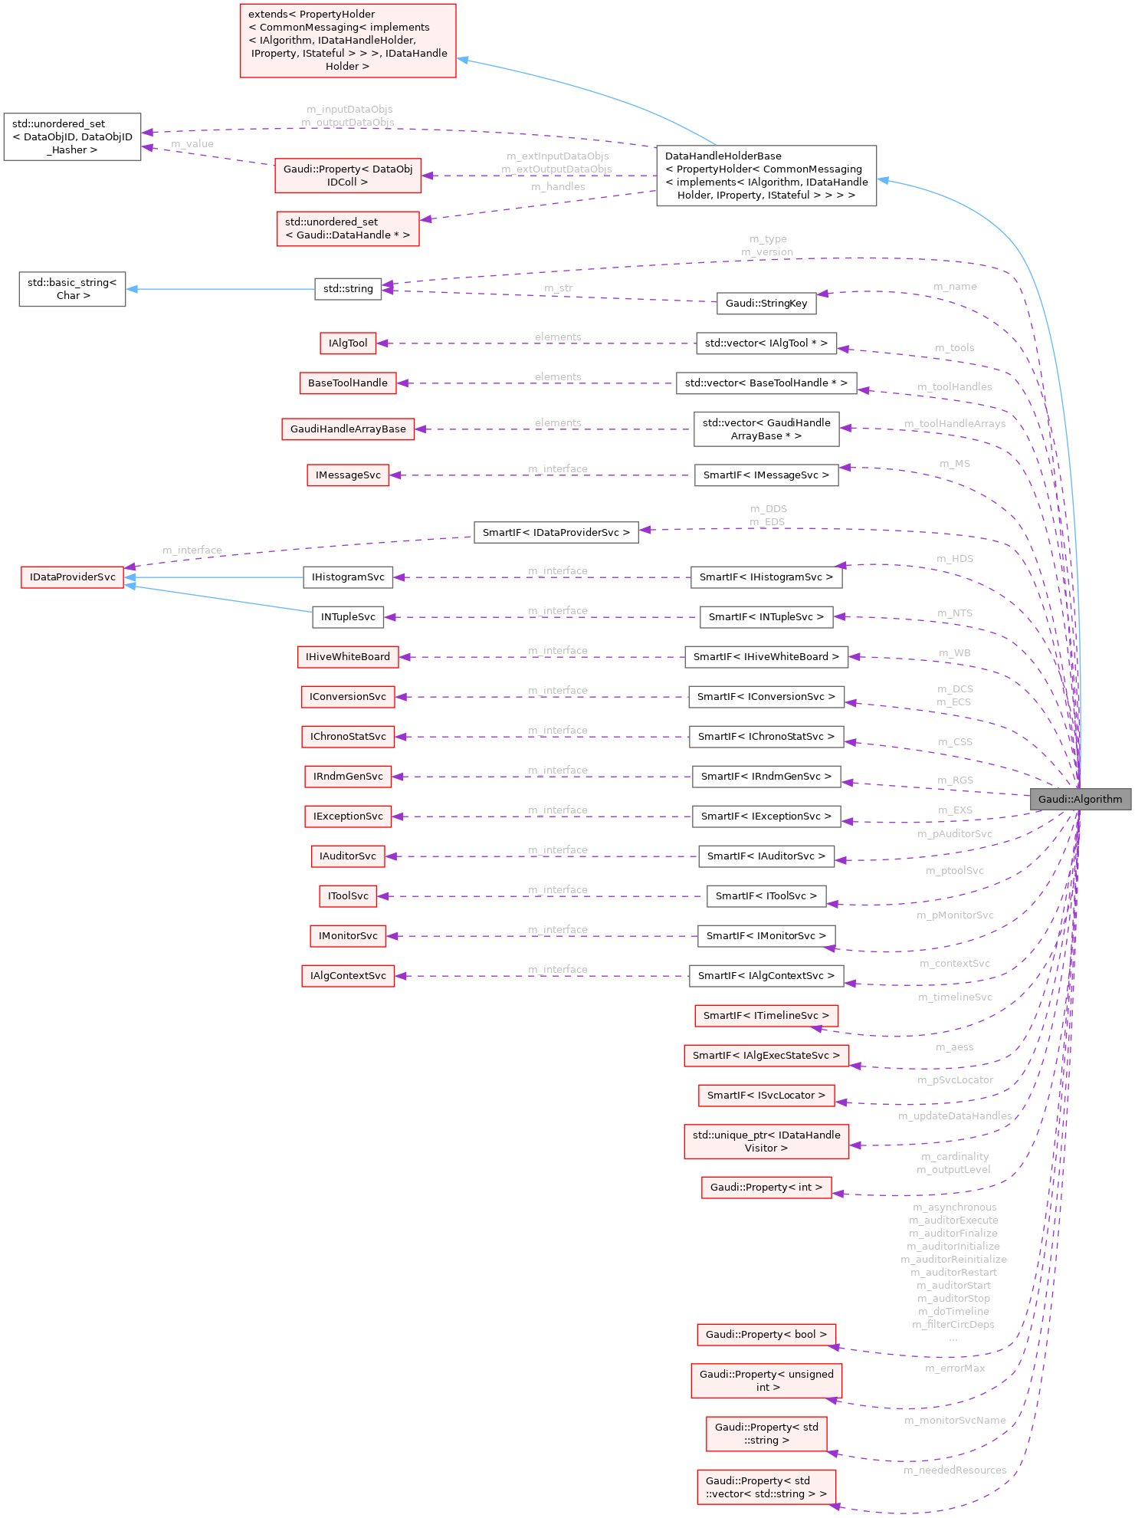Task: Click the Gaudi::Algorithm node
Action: coord(1080,799)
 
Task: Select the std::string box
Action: coord(348,289)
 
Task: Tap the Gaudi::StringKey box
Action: coord(766,303)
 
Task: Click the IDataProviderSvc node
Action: coord(73,577)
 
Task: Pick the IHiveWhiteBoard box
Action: coord(348,656)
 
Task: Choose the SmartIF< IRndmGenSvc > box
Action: coord(766,776)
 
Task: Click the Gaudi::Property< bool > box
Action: coord(766,1334)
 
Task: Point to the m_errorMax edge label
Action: coord(955,1368)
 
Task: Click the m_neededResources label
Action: coord(955,1470)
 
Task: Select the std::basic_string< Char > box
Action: coord(72,289)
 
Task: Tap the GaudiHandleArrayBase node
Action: coord(348,429)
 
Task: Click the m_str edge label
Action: coord(558,287)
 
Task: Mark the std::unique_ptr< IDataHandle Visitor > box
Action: coord(766,1141)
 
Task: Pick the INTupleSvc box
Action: coord(348,616)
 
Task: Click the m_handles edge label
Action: coord(558,186)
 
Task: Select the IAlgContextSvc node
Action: coord(348,975)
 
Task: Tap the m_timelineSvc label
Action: coord(955,997)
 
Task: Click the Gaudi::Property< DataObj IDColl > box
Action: coord(348,176)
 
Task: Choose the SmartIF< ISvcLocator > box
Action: coord(766,1095)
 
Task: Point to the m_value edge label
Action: coord(192,143)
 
